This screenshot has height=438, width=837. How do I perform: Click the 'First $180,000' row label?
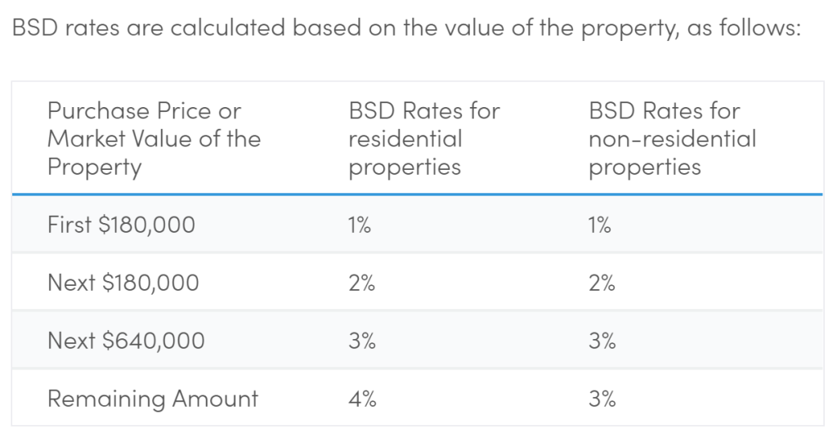tap(121, 225)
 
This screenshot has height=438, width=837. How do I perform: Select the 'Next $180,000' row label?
tap(123, 283)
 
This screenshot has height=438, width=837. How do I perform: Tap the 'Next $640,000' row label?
tap(126, 341)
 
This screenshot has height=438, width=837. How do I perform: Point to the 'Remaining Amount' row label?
tap(152, 399)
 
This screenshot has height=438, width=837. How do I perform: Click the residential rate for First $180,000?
tap(360, 225)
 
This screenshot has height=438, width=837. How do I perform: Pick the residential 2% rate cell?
tap(361, 283)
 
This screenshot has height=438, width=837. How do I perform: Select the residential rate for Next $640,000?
tap(361, 341)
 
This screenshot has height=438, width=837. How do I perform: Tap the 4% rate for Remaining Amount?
tap(361, 399)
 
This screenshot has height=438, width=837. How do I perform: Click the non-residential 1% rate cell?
tap(600, 225)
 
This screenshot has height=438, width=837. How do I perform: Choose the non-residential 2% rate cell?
tap(602, 283)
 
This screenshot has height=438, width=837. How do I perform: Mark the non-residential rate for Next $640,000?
tap(602, 341)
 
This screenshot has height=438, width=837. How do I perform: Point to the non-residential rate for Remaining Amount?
tap(602, 399)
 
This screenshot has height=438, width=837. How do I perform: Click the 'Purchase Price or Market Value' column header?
tap(154, 138)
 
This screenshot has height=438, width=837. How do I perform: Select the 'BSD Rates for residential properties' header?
tap(423, 138)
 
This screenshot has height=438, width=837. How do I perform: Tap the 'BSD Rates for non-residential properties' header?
tap(672, 138)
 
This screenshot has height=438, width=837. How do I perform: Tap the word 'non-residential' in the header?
tap(672, 139)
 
